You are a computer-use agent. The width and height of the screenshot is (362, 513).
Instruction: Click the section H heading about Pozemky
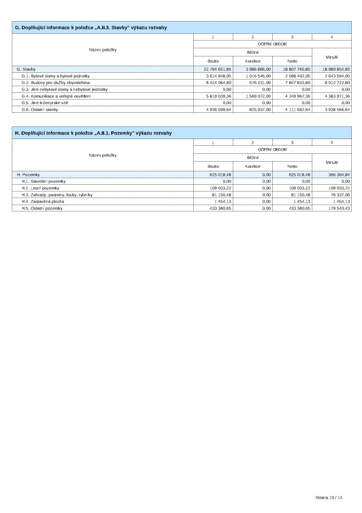click(93, 133)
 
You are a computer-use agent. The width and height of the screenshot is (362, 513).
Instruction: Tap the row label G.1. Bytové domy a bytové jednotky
click(55, 76)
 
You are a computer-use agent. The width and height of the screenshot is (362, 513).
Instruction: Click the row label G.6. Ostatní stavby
click(39, 109)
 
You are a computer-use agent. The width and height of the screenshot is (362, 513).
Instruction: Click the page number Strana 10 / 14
click(329, 498)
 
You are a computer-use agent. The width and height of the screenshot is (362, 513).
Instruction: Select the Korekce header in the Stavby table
click(253, 61)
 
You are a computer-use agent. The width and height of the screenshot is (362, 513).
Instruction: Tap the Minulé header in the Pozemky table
click(332, 162)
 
